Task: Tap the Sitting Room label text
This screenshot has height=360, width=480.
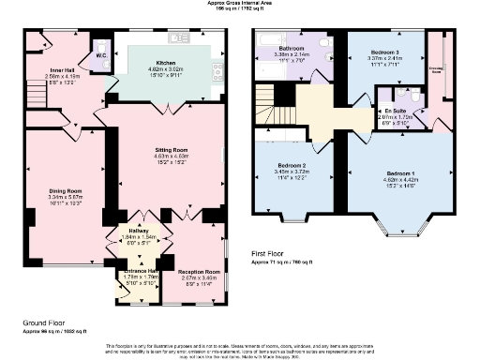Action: pyautogui.click(x=172, y=149)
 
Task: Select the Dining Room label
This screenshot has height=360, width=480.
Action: pyautogui.click(x=66, y=191)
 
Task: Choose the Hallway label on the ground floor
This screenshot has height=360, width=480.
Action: pyautogui.click(x=142, y=232)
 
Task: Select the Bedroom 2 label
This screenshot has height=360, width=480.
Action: pyautogui.click(x=287, y=164)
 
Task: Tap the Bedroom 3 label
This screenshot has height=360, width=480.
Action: pyautogui.click(x=385, y=52)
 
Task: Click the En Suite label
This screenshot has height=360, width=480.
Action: pyautogui.click(x=395, y=110)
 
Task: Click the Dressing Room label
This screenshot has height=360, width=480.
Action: pyautogui.click(x=436, y=68)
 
